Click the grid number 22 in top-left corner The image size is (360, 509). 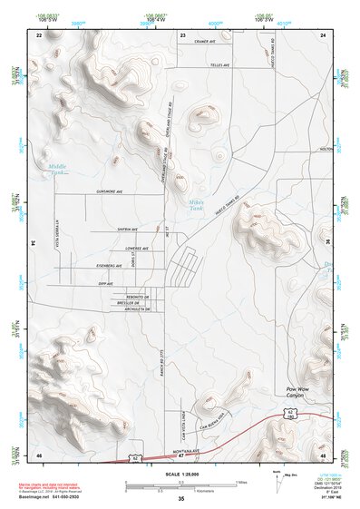(39, 34)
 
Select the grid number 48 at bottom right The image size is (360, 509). (322, 454)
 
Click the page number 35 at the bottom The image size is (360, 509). (181, 499)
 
